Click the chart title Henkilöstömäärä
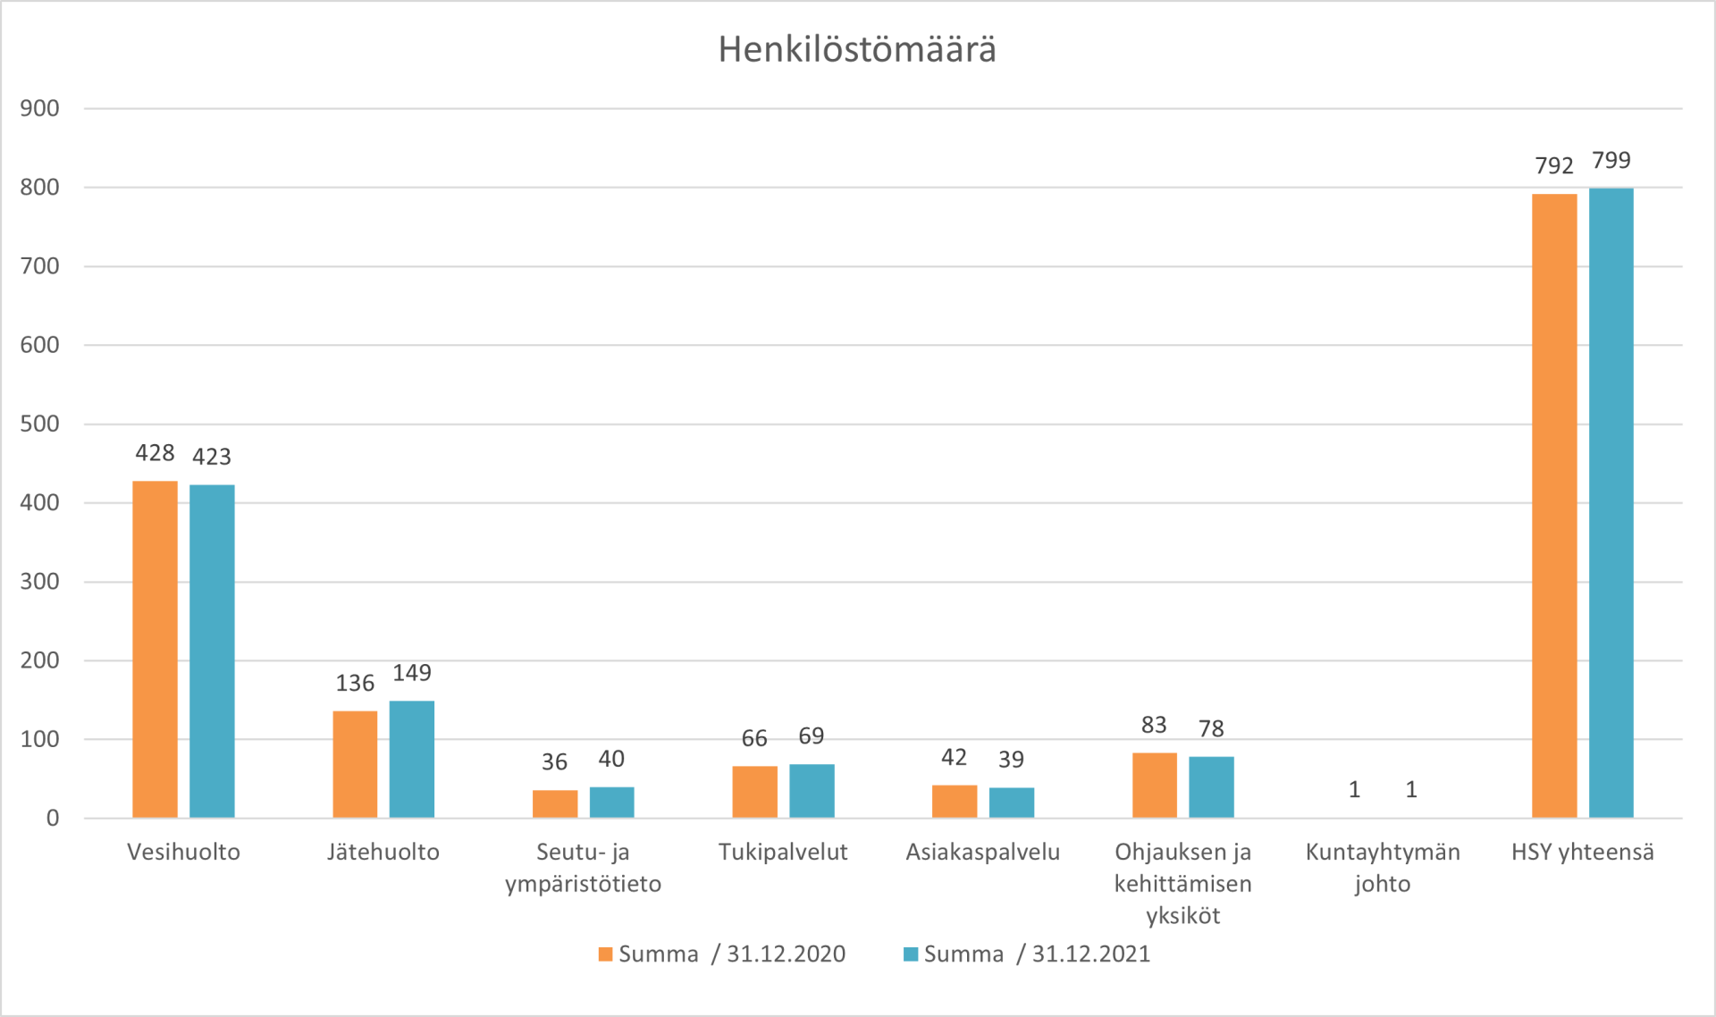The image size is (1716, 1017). pos(857,50)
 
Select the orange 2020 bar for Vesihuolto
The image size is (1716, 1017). pos(155,650)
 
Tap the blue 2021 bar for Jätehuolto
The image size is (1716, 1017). pos(412,760)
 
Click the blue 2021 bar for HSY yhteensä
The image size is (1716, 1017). pos(1611,503)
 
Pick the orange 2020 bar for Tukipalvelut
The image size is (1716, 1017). pos(754,792)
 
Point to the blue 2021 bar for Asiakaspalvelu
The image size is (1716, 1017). pos(1011,803)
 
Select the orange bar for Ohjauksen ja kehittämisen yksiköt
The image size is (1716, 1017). pos(1154,786)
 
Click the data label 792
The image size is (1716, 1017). pos(1554,165)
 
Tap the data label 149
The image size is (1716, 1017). pos(412,673)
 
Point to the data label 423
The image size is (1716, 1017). pos(212,457)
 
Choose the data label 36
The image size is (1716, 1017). pos(554,762)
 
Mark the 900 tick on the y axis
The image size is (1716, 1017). pos(40,108)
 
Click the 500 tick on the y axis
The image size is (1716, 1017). pos(40,424)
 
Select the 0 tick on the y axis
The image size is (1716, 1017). pos(53,818)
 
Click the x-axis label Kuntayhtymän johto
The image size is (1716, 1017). pos(1383,868)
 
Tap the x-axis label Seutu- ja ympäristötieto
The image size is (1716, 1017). pos(583,868)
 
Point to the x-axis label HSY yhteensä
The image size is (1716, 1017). pos(1582,852)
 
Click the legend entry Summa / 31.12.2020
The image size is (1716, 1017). pos(722,954)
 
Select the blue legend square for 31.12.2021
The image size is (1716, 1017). pos(911,954)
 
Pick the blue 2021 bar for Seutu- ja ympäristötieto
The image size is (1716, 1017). pos(611,803)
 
